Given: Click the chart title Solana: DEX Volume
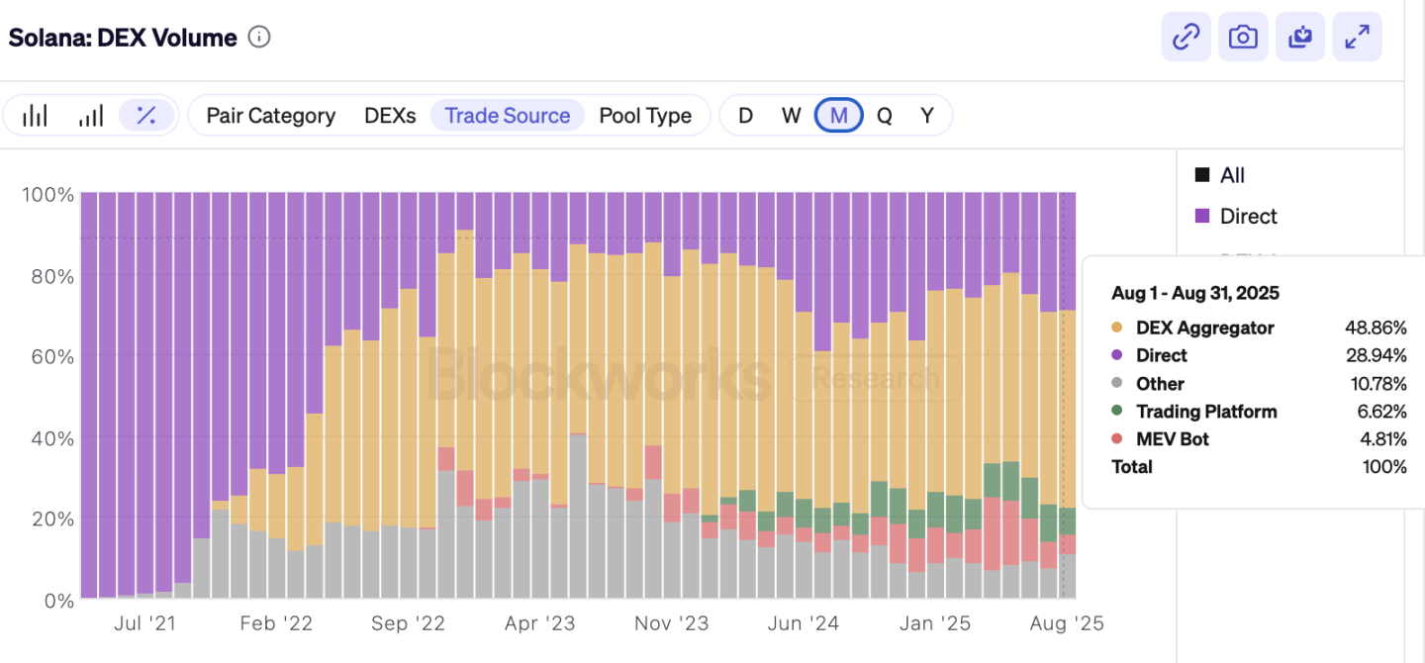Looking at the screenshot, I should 123,38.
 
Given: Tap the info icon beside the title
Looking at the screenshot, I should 259,38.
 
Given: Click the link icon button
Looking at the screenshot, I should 1186,38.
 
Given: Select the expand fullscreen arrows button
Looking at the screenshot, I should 1357,38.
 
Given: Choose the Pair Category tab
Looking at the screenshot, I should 270,116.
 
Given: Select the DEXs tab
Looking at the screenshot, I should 390,116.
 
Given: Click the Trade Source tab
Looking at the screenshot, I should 508,116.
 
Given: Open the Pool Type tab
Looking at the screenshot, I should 645,116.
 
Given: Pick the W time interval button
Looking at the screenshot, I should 791,116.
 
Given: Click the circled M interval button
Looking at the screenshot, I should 838,116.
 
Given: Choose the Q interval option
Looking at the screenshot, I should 884,116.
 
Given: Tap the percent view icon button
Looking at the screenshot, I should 146,116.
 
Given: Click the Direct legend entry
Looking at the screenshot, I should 1248,216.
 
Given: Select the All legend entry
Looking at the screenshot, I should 1232,175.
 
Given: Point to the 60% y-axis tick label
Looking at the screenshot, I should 47,355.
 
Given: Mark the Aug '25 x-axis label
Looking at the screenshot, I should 1067,623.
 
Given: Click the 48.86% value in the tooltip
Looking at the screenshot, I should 1375,328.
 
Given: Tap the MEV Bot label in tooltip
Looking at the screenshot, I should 1172,438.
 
